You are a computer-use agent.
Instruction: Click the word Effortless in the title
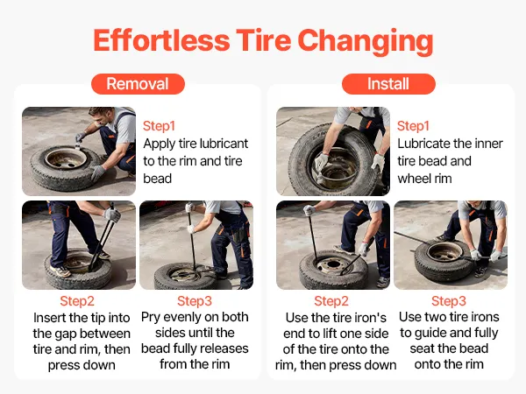pos(161,40)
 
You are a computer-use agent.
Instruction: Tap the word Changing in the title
pos(366,42)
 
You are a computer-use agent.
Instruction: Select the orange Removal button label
pos(138,84)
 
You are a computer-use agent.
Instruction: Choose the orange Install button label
pos(388,84)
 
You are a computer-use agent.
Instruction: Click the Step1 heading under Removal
pos(159,126)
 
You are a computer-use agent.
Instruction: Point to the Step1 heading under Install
pos(413,126)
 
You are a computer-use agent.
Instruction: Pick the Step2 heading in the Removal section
pos(77,301)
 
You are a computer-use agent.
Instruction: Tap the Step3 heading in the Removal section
pos(195,301)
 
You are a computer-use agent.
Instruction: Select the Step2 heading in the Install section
pos(331,301)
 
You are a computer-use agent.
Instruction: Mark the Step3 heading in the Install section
pos(449,301)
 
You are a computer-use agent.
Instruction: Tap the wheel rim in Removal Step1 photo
pos(66,158)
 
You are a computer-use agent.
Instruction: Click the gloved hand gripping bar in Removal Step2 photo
pos(112,215)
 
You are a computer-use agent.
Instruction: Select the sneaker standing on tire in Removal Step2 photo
pos(60,271)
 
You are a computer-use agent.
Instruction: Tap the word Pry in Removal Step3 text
pos(151,317)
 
